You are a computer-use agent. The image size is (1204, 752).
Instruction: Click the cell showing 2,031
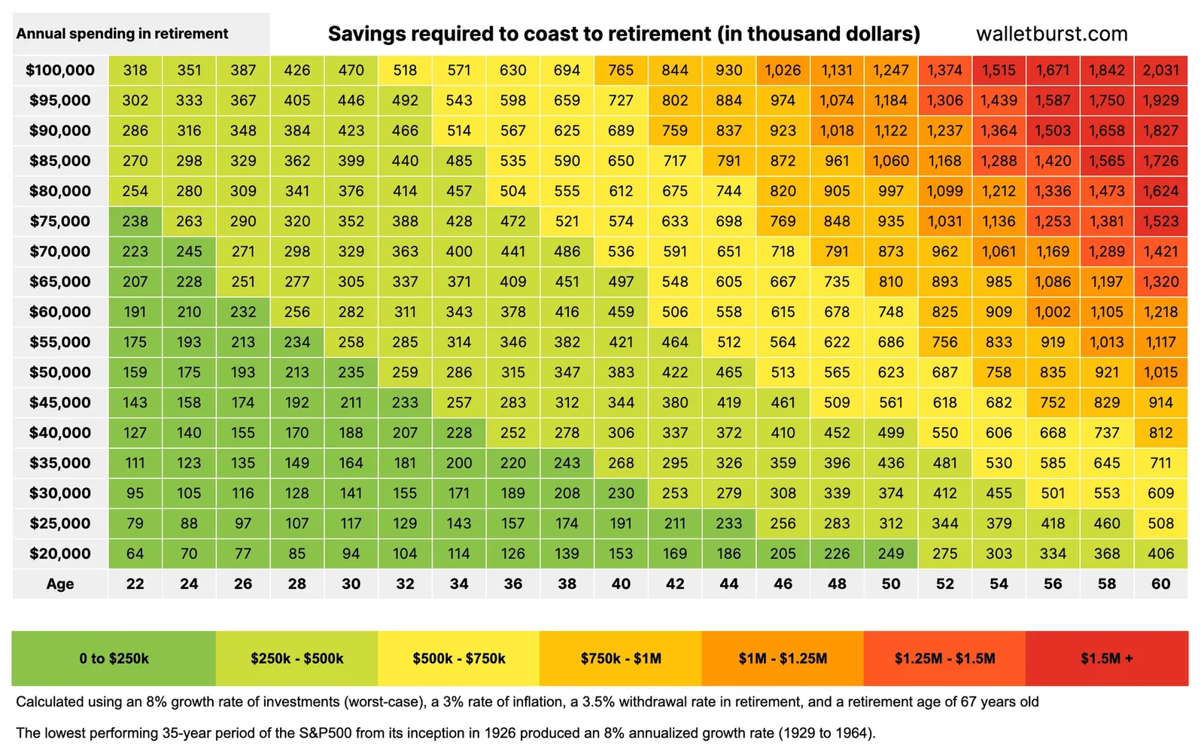pos(1160,70)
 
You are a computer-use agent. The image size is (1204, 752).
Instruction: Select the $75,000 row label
pos(60,221)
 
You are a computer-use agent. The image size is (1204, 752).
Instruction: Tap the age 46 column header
pos(783,584)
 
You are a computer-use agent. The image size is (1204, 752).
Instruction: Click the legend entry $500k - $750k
pos(458,659)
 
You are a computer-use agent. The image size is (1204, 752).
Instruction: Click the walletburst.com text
pos(1051,34)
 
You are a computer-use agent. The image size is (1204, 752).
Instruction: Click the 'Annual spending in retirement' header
pos(122,34)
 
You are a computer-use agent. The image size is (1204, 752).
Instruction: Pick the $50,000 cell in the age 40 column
pos(621,372)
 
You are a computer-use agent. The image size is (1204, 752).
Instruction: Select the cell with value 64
pos(135,553)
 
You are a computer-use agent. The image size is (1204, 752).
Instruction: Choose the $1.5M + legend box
pos(1106,659)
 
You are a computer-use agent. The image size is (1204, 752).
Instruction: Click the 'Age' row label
pos(60,584)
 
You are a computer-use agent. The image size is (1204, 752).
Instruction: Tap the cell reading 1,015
pos(1160,372)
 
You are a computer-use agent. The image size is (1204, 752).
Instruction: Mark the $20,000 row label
pos(60,553)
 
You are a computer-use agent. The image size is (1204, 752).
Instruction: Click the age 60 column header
pos(1160,584)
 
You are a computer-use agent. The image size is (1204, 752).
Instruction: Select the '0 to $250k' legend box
pos(114,659)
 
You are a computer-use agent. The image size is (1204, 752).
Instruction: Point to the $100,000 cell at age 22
pos(135,70)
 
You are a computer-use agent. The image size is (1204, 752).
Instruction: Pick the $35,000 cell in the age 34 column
pos(459,463)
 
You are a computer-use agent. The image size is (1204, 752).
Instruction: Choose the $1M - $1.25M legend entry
pos(783,659)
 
